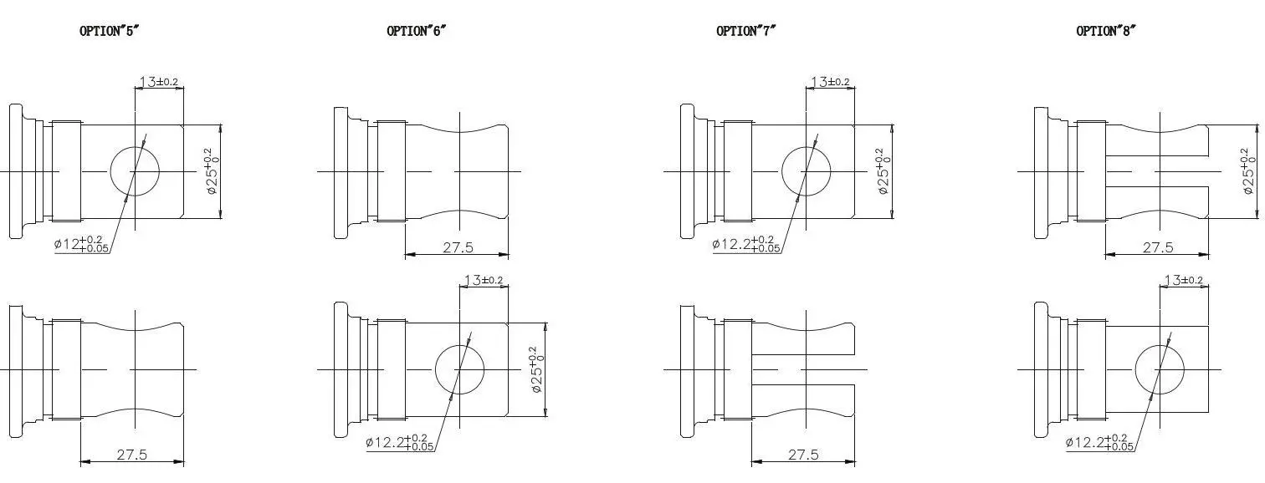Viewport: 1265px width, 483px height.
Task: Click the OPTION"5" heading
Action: [109, 31]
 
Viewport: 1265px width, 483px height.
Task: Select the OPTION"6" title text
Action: [416, 31]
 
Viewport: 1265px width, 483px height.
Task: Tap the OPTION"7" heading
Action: [746, 31]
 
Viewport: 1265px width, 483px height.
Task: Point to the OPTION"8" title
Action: [1106, 31]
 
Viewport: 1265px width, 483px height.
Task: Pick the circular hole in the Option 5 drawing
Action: [135, 171]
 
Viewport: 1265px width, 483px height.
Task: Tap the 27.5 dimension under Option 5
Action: [131, 455]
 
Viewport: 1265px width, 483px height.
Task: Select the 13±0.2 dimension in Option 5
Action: [159, 82]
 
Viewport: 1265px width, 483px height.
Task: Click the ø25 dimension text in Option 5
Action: [209, 171]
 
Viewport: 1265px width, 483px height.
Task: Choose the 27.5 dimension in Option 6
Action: [458, 247]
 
